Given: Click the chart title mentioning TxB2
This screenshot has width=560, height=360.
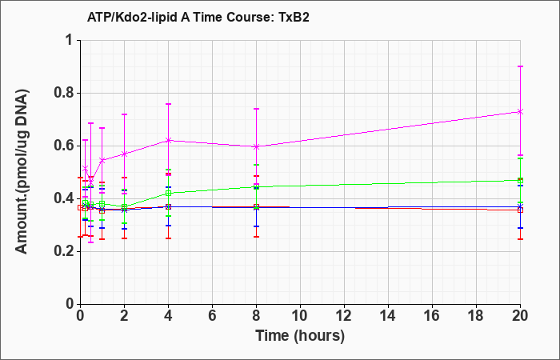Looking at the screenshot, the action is click(x=198, y=17).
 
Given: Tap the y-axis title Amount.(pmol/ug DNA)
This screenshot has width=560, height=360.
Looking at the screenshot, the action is click(x=22, y=172).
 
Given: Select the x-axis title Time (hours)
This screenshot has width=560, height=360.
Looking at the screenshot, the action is click(x=300, y=336).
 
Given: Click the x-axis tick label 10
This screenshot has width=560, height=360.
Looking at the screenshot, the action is click(x=300, y=316).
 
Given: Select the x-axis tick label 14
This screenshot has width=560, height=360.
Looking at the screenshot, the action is click(x=388, y=316).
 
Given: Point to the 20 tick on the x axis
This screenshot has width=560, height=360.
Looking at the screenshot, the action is click(x=520, y=316).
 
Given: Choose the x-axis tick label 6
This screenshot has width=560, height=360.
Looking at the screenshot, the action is click(x=212, y=316).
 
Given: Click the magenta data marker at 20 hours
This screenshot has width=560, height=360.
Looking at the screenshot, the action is click(x=520, y=112).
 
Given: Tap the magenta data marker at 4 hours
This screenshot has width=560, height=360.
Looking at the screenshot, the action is click(x=168, y=140).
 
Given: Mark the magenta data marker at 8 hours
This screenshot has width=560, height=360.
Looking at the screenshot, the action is click(x=256, y=146).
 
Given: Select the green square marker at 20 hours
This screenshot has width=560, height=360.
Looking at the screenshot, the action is click(x=520, y=181).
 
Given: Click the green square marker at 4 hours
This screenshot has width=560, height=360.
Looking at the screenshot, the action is click(x=168, y=194).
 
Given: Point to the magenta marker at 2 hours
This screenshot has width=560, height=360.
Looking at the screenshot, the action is click(x=124, y=154).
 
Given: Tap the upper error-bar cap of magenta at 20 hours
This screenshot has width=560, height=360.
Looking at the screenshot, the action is click(x=520, y=66).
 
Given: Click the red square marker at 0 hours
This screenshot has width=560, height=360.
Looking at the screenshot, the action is click(x=80, y=208).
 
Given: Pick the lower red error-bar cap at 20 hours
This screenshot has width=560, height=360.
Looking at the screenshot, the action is click(x=520, y=239).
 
